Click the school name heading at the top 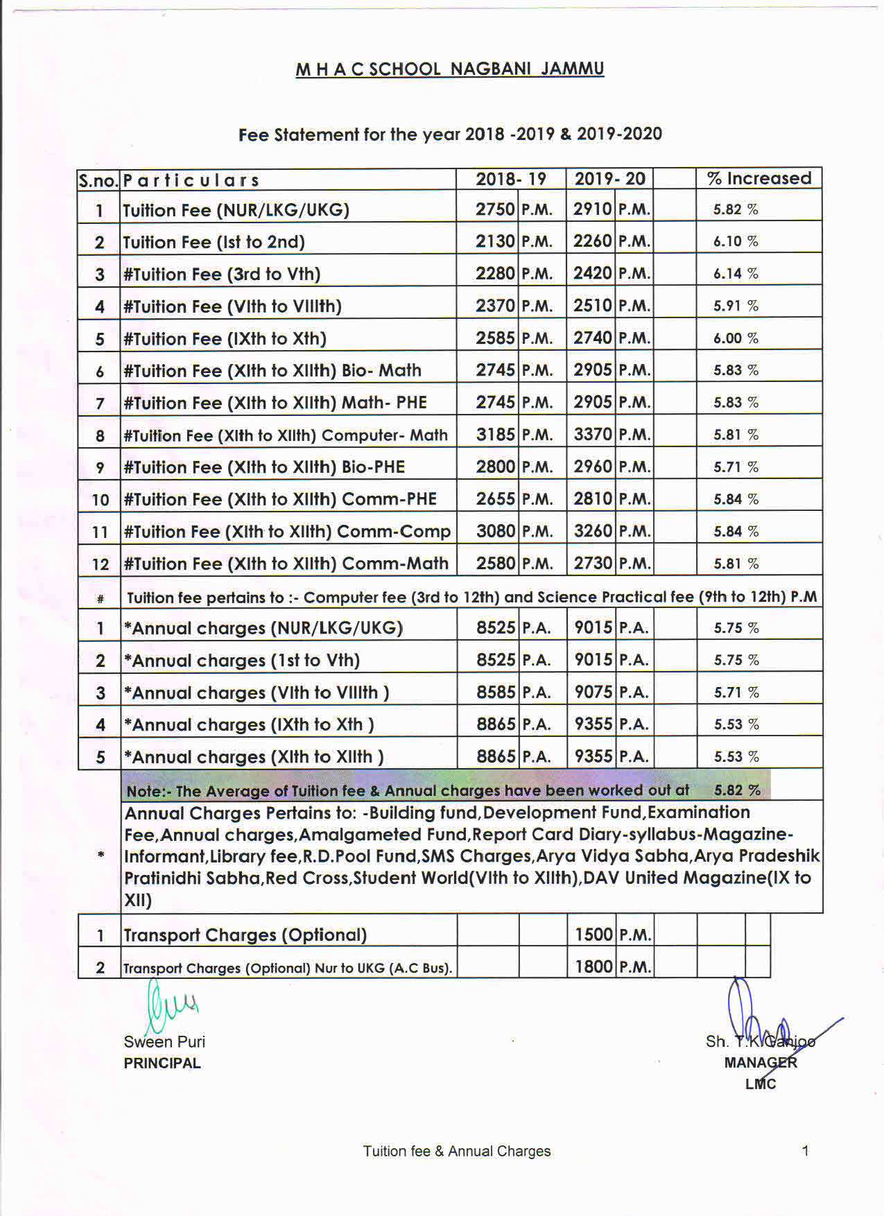[x=449, y=69]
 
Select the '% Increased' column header [x=759, y=179]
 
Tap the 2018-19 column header [x=511, y=179]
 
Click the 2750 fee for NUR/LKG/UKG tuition [x=495, y=209]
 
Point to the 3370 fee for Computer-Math [x=593, y=435]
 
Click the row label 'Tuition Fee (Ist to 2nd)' [x=214, y=242]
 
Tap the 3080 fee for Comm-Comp [x=495, y=531]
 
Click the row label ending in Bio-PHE [x=263, y=467]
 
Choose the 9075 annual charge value [x=593, y=692]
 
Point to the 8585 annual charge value [x=495, y=692]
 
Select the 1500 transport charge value [x=593, y=935]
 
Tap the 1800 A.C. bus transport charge [x=593, y=966]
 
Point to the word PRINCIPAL [x=162, y=1063]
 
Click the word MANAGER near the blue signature [x=760, y=1063]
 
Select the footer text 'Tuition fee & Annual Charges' [x=457, y=1152]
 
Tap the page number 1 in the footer [x=805, y=1151]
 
